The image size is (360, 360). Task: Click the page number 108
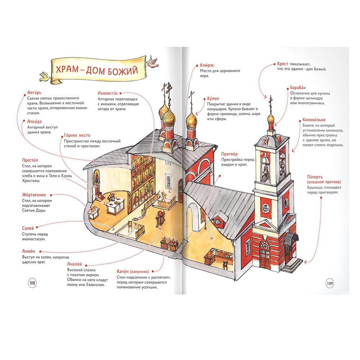pyautogui.click(x=32, y=283)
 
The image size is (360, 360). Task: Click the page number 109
pyautogui.click(x=330, y=283)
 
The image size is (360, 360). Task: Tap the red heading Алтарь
pyautogui.click(x=34, y=93)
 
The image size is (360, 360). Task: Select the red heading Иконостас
pyautogui.click(x=108, y=93)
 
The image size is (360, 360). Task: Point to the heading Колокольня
pyautogui.click(x=314, y=120)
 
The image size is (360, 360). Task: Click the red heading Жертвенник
pyautogui.click(x=34, y=195)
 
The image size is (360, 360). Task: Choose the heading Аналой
pyautogui.click(x=75, y=264)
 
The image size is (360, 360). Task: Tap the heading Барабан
pyautogui.click(x=298, y=87)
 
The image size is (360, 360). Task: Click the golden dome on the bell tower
pyautogui.click(x=271, y=119)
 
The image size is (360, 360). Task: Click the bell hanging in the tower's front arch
pyautogui.click(x=266, y=170)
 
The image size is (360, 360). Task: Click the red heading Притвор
pyautogui.click(x=229, y=154)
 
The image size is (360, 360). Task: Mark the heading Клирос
pyautogui.click(x=207, y=65)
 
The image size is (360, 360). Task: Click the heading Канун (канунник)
pyautogui.click(x=133, y=271)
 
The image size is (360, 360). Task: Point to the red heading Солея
pyautogui.click(x=28, y=228)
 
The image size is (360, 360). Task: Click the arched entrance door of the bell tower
pyautogui.click(x=265, y=255)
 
